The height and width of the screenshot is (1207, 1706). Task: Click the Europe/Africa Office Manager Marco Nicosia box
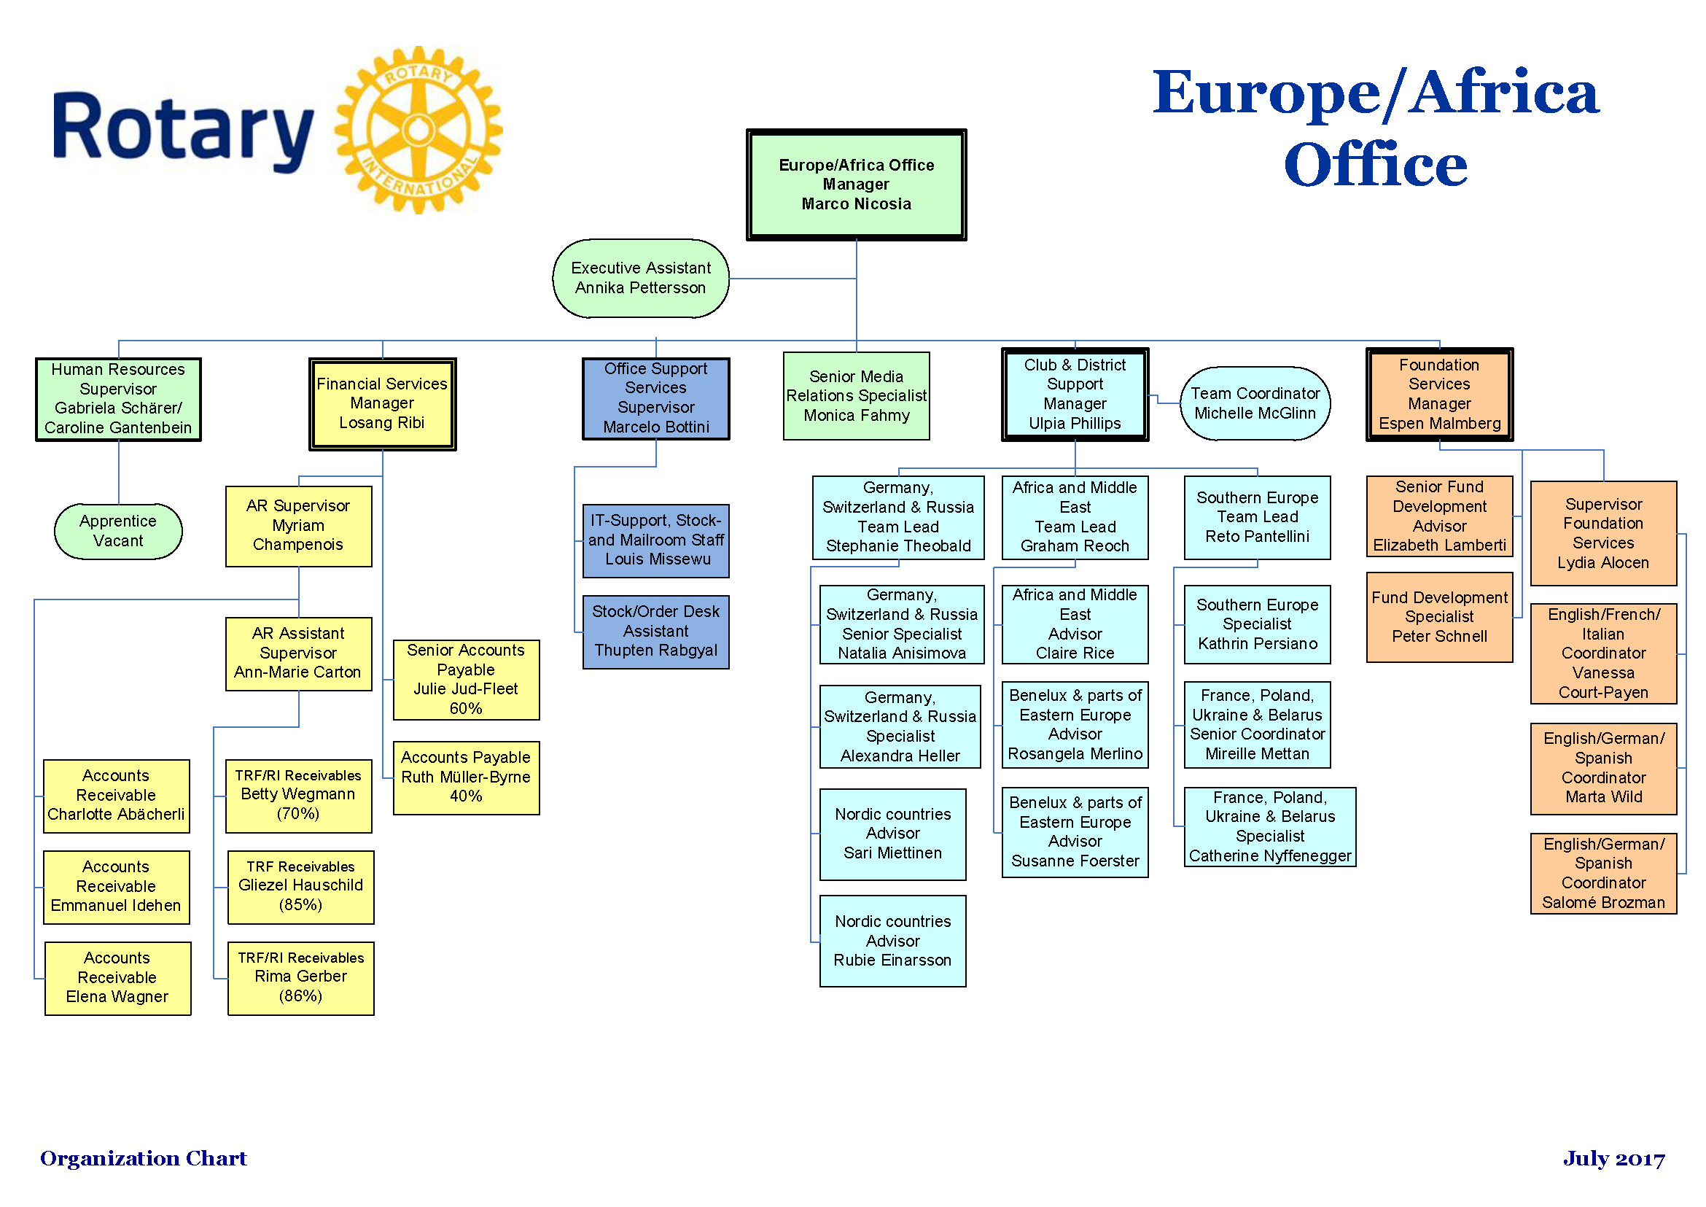[x=856, y=185]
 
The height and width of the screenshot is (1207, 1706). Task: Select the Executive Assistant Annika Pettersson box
[x=641, y=278]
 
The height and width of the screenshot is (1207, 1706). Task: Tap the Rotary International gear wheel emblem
[x=419, y=130]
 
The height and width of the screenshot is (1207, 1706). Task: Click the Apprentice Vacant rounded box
[x=118, y=531]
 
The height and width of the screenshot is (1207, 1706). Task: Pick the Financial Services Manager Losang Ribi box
[x=382, y=403]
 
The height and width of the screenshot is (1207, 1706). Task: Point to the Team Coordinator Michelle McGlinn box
[x=1255, y=403]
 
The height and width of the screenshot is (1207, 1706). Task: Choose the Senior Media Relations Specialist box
[x=856, y=396]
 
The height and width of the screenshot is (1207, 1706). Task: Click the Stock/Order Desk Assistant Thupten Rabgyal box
[x=655, y=632]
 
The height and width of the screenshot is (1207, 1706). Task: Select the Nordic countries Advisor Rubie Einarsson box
[x=892, y=941]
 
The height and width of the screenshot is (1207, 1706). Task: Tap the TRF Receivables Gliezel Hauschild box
[x=300, y=887]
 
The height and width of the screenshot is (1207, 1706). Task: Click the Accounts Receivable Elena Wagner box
[x=117, y=978]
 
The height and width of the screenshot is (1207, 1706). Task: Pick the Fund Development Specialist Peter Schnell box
[x=1439, y=617]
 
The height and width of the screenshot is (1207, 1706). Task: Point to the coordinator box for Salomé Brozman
[x=1603, y=873]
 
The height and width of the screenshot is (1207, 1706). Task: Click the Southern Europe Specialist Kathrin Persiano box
[x=1257, y=624]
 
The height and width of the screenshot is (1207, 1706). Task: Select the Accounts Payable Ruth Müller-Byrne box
[x=466, y=777]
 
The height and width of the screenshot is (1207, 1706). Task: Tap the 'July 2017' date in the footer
[x=1614, y=1159]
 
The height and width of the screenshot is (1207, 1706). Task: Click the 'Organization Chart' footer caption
[x=144, y=1158]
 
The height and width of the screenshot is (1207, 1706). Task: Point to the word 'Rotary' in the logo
[x=183, y=129]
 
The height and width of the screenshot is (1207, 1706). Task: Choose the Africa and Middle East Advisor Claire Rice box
[x=1075, y=624]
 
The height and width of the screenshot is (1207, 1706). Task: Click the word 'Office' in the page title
[x=1375, y=164]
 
